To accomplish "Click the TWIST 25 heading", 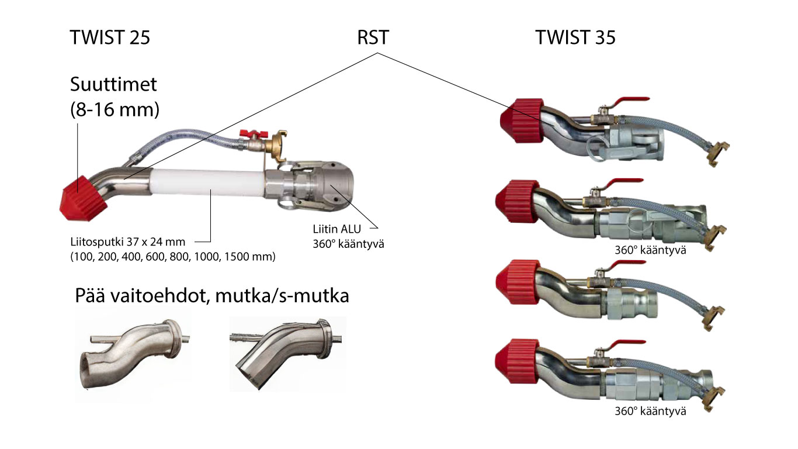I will pos(110,38).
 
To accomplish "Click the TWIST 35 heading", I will pos(575,38).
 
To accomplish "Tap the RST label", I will pos(373,38).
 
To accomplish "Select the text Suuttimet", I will pos(113,85).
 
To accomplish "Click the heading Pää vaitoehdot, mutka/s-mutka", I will pos(211,296).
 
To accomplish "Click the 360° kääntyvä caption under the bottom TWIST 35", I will pos(650,411).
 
